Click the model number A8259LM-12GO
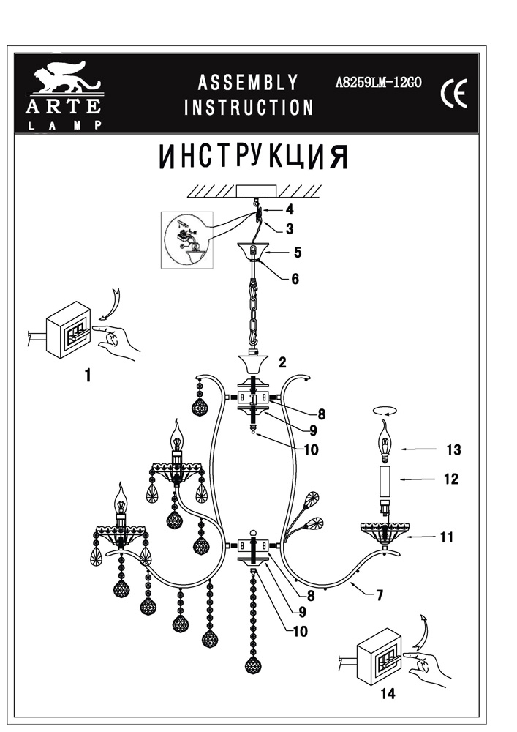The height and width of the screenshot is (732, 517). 377,83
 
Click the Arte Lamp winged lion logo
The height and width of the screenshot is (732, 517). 66,80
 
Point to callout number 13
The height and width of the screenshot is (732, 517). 453,449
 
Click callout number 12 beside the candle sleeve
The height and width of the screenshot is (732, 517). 450,479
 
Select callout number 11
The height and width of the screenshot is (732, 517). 446,537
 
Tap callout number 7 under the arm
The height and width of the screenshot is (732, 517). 380,595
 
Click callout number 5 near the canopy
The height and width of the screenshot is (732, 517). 297,253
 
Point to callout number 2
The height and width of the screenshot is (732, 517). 282,361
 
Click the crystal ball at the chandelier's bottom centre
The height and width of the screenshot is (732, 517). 254,664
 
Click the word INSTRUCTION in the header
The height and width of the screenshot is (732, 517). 249,108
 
